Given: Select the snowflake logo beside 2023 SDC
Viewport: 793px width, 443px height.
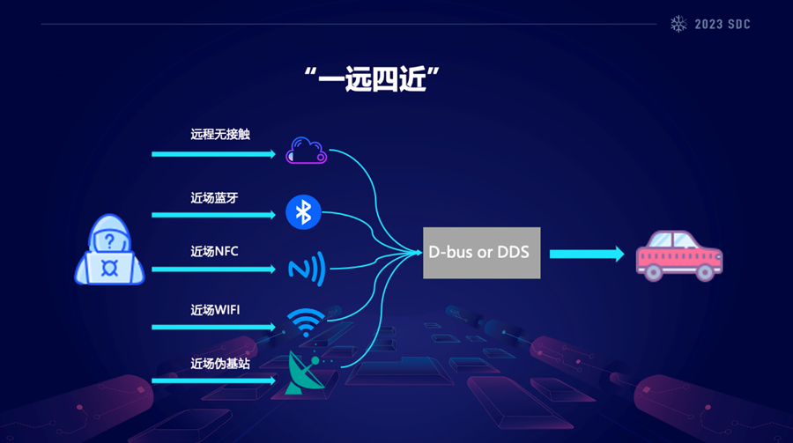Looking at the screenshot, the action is (678, 24).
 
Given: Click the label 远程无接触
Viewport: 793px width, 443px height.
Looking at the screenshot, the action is (220, 135).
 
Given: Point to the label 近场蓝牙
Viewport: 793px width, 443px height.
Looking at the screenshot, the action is (214, 197).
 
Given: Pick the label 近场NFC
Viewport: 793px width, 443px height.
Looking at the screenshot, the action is (214, 251).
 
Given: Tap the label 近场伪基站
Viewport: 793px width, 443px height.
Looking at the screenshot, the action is (220, 363).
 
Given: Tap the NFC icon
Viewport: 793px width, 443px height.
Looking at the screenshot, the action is (306, 268).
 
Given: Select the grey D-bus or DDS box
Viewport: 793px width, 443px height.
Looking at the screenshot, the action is (481, 252).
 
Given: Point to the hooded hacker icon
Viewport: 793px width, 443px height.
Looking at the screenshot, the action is (108, 254).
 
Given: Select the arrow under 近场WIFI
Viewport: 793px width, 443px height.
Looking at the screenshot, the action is (214, 327).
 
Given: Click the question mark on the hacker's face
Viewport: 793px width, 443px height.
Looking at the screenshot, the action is (108, 240).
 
